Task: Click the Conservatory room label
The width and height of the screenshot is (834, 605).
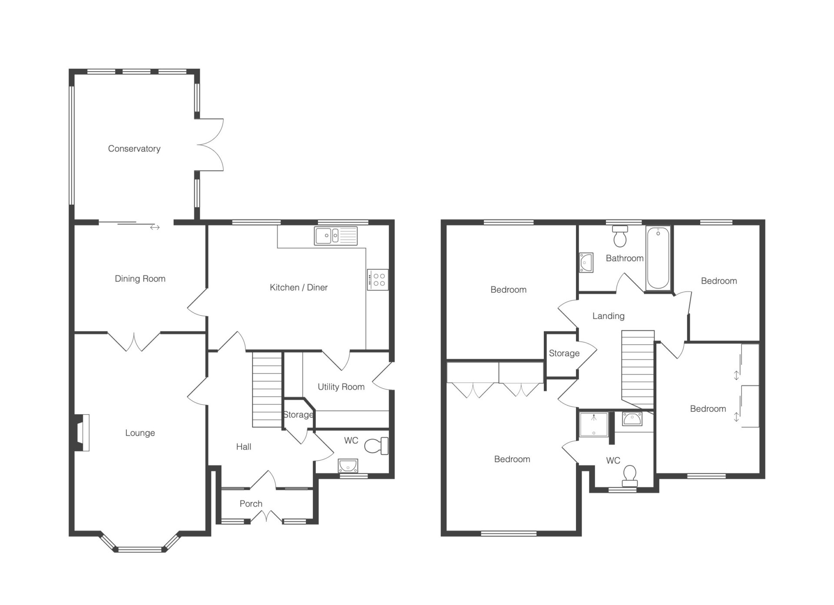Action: (134, 149)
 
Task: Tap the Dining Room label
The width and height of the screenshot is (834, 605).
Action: (140, 279)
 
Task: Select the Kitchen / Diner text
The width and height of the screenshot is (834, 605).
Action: (298, 288)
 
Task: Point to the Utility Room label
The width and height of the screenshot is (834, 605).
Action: (341, 387)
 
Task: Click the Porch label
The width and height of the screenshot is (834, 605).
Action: (251, 504)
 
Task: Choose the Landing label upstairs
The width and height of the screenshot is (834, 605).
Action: (608, 316)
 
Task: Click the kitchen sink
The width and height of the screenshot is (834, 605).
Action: (336, 236)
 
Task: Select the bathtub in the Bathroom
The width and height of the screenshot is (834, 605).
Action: (658, 258)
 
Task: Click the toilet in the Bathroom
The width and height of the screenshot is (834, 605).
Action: (620, 235)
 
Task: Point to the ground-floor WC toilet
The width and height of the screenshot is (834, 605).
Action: (376, 446)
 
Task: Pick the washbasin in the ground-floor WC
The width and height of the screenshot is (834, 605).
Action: (348, 466)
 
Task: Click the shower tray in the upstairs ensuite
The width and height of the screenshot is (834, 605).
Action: (594, 425)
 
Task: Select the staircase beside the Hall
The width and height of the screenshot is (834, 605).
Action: (267, 390)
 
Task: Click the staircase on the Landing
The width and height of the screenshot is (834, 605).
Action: (638, 370)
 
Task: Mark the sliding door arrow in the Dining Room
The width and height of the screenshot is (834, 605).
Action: (155, 227)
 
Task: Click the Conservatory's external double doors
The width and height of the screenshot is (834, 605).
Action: (209, 145)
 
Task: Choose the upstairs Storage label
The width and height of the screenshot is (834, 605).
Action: (564, 354)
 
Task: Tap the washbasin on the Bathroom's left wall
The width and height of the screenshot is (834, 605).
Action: (586, 262)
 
